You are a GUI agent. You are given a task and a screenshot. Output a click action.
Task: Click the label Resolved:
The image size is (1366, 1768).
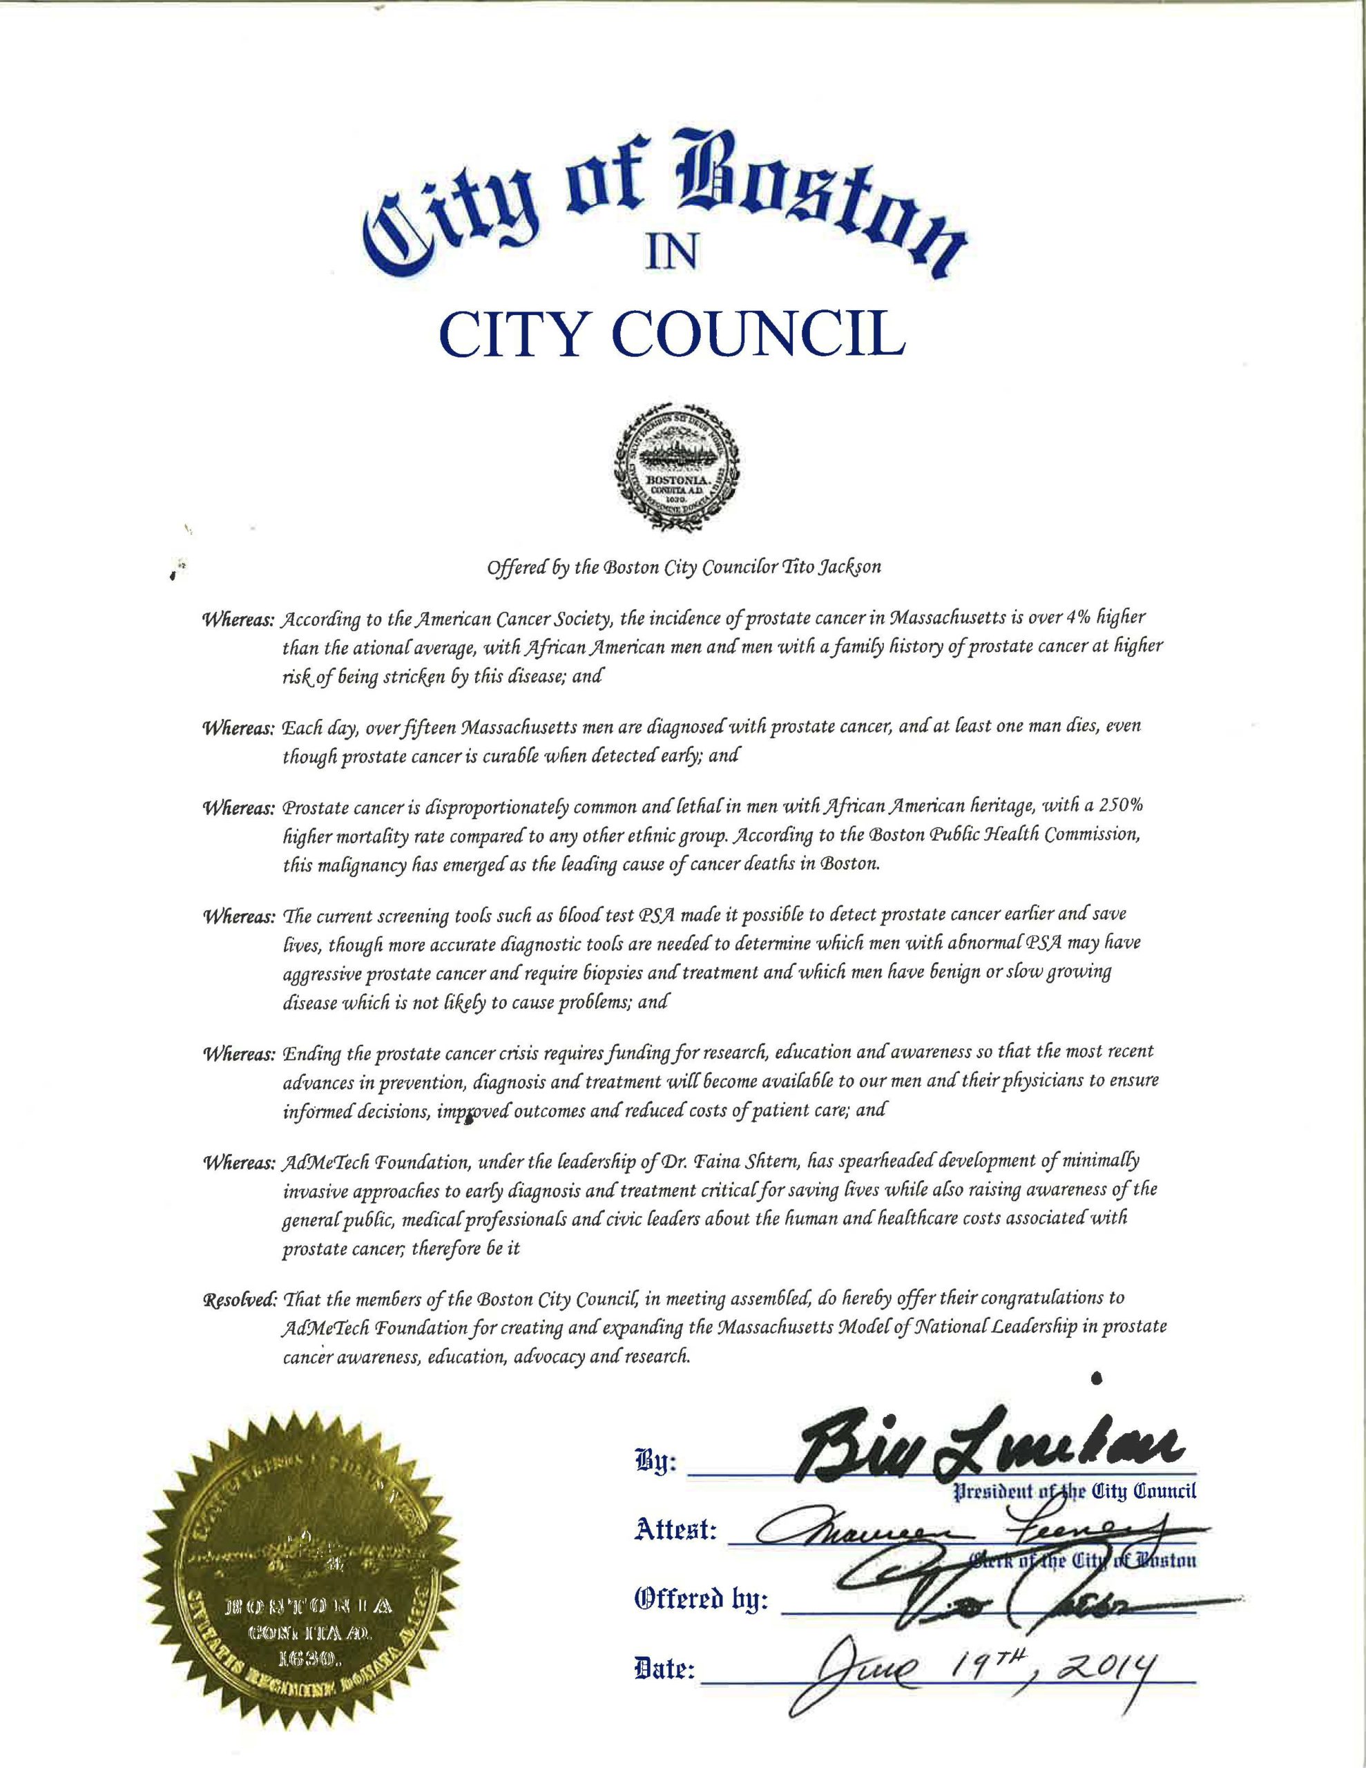pos(238,1299)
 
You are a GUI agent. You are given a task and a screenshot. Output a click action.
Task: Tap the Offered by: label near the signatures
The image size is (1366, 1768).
pos(703,1600)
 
